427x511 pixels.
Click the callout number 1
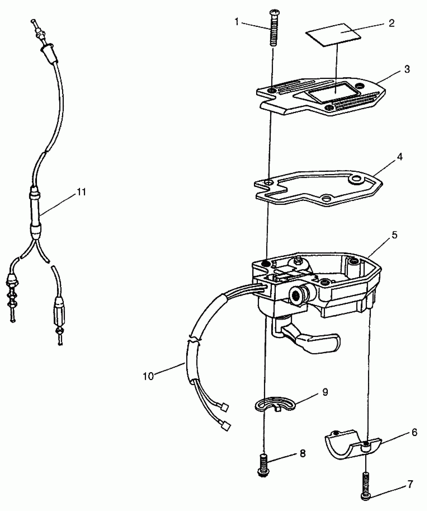(x=237, y=22)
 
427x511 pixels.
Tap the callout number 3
(x=407, y=69)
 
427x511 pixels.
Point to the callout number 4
(x=400, y=157)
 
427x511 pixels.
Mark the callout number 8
(x=303, y=453)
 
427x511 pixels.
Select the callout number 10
(x=148, y=383)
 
